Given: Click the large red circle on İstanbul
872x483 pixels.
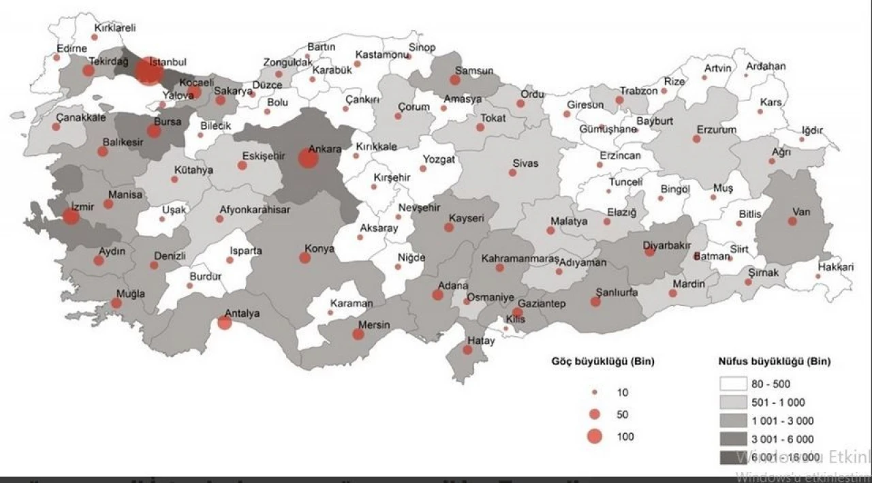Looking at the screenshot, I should coord(149,72).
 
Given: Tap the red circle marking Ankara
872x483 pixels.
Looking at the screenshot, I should coord(308,159).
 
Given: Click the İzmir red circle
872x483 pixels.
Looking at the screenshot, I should coord(70,217).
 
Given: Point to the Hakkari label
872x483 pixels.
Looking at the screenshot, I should coord(836,267).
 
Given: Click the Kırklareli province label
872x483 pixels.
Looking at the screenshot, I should coord(115,28).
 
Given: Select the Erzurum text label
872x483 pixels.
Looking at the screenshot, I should coord(716,129).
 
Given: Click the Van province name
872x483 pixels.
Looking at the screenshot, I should coord(801,212).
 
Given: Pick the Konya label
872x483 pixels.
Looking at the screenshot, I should coord(320,249).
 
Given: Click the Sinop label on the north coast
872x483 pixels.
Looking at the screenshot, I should coord(422,48).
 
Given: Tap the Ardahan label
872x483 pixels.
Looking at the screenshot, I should coord(766,66).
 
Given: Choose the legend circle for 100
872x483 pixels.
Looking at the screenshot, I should coord(595,437).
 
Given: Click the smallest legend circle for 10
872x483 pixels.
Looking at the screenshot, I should coord(595,392).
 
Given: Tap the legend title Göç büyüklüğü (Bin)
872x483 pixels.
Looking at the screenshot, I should coord(602,362).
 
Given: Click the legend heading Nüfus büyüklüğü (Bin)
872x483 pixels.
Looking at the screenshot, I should coord(774,362).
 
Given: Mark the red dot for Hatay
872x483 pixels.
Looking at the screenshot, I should coord(467,350).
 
